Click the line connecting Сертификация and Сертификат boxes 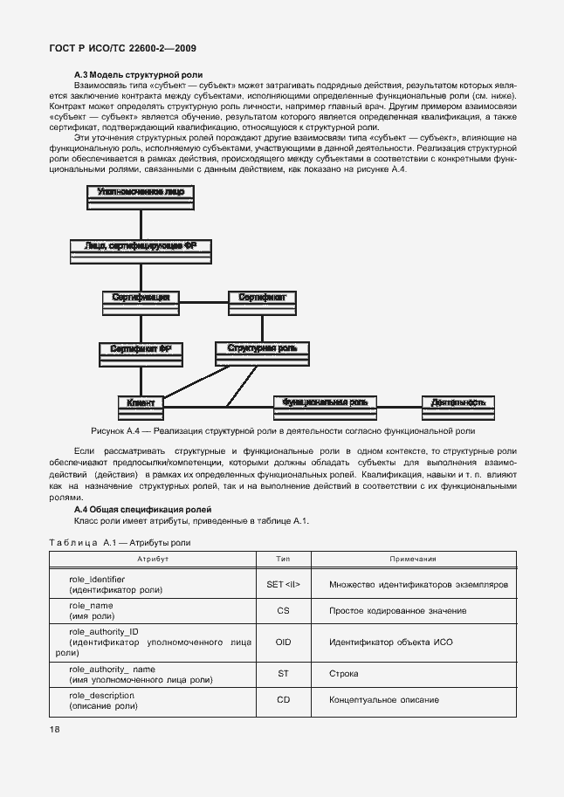(x=203, y=302)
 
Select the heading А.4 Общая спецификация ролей (x=141, y=509)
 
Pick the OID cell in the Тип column (x=283, y=642)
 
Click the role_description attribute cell (x=103, y=700)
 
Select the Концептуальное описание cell (x=384, y=700)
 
